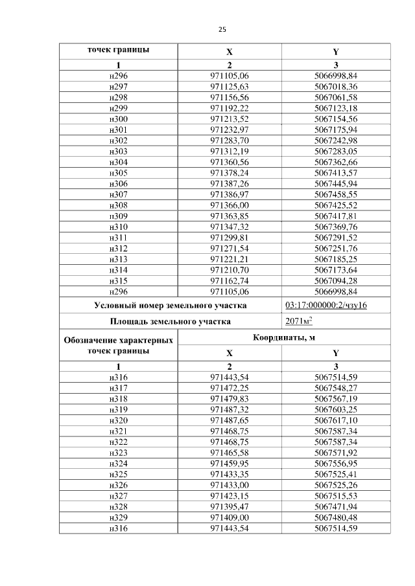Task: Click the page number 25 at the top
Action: (222, 30)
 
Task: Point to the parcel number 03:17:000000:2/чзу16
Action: (326, 305)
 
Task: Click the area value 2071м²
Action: (299, 321)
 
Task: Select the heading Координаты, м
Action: (285, 337)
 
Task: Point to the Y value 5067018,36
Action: (335, 85)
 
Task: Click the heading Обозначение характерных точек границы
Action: (119, 345)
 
